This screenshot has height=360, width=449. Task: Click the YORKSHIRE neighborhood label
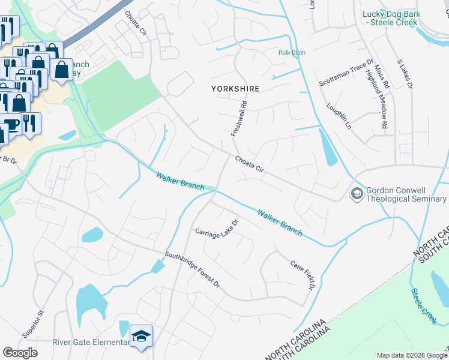pyautogui.click(x=235, y=88)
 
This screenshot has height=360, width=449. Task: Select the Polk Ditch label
pyautogui.click(x=292, y=53)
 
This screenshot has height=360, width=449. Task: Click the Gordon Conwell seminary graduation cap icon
pyautogui.click(x=357, y=194)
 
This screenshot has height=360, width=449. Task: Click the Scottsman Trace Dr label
pyautogui.click(x=347, y=73)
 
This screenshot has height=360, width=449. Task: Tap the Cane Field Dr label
pyautogui.click(x=303, y=275)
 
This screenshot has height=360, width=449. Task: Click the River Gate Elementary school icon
pyautogui.click(x=142, y=336)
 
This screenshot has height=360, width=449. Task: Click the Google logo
pyautogui.click(x=20, y=353)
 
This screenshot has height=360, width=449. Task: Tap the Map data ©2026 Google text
pyautogui.click(x=411, y=355)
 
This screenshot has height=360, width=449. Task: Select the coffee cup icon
pyautogui.click(x=11, y=124)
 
